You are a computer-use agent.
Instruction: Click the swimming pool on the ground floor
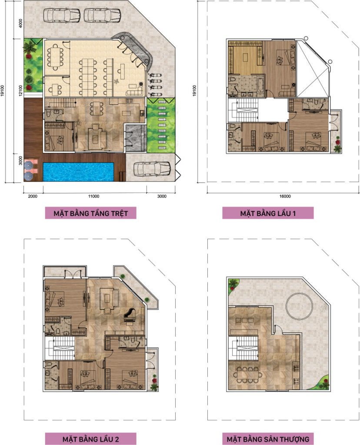(x=78, y=171)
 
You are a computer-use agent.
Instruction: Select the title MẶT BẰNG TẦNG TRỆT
(x=90, y=213)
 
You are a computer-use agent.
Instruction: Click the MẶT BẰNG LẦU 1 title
(x=268, y=213)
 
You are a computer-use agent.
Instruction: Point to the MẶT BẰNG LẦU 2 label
(x=90, y=439)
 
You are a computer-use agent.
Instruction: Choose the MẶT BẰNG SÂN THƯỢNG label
(x=268, y=439)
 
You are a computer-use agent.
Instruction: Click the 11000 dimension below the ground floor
(x=93, y=196)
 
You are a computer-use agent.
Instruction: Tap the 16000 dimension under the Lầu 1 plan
(x=285, y=196)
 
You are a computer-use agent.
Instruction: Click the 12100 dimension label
(x=20, y=90)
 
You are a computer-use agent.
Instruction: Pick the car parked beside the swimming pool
(x=152, y=169)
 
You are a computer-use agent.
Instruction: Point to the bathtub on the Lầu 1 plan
(x=260, y=84)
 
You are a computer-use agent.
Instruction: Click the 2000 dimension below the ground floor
(x=33, y=196)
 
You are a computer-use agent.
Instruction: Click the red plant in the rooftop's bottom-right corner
(x=324, y=382)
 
